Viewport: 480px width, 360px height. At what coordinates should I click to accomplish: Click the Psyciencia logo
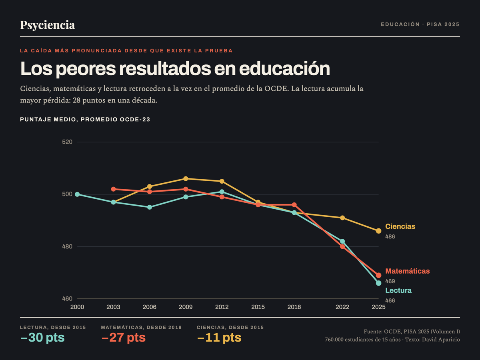pos(48,25)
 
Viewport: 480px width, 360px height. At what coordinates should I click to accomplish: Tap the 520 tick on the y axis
pos(67,142)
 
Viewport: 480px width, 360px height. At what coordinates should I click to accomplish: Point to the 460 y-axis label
pos(67,298)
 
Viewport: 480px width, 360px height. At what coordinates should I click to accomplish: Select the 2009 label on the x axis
pos(186,307)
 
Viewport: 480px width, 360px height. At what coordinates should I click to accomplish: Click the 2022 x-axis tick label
pos(342,307)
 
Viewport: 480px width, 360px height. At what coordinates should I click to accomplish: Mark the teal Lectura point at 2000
pos(77,194)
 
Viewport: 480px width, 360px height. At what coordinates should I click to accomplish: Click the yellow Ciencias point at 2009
pos(186,179)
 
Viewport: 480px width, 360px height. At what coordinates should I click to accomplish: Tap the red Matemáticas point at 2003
pos(113,189)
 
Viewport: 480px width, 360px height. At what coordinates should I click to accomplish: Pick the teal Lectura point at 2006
pos(150,207)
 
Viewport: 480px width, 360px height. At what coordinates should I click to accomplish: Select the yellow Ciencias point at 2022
pos(342,218)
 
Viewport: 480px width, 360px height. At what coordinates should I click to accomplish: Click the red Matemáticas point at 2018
pos(294,205)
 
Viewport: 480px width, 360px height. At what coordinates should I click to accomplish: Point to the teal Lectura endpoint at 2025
pos(378,283)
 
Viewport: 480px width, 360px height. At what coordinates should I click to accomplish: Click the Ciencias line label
pos(400,226)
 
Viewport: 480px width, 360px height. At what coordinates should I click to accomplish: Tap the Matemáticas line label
pos(407,271)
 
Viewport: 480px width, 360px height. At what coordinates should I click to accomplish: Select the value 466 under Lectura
pos(390,300)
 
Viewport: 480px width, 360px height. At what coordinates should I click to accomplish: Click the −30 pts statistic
pos(43,338)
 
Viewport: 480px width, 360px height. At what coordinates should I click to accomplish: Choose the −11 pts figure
pos(219,338)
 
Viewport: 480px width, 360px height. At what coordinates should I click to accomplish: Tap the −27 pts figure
pos(124,338)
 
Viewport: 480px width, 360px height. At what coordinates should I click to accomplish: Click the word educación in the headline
pos(284,69)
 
